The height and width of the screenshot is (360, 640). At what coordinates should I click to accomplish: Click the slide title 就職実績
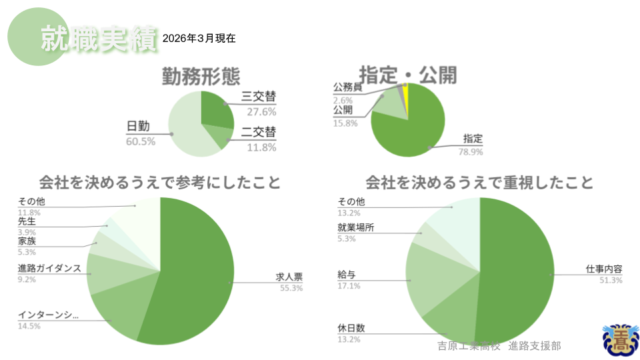click(98, 39)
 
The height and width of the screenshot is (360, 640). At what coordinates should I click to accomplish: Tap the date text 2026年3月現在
click(199, 39)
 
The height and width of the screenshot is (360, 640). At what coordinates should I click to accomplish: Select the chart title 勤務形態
click(201, 77)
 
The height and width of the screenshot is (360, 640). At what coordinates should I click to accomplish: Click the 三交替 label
click(259, 99)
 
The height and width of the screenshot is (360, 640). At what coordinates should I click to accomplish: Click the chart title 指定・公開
click(408, 75)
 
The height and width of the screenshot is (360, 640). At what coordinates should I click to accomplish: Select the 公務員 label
click(347, 87)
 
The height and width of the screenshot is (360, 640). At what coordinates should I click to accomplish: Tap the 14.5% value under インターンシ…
click(29, 326)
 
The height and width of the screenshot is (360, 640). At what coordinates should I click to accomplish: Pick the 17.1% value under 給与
click(349, 286)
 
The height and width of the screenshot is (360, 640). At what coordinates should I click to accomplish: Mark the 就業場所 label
click(356, 227)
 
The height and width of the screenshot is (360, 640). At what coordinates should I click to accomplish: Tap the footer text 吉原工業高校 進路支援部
click(499, 346)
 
